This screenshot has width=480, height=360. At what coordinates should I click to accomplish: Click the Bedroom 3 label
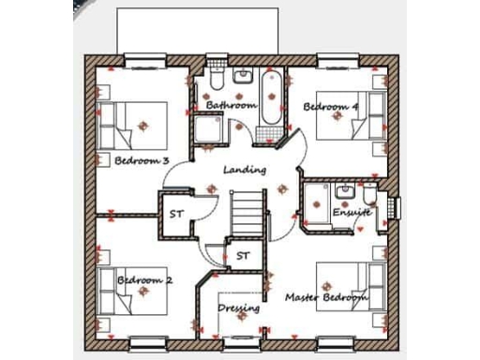pos(142,160)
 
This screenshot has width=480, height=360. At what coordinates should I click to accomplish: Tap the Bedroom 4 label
pos(331,107)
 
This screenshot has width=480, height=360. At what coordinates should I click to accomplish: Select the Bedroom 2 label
pos(144,279)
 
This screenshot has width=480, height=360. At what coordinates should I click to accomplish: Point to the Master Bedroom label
pos(326,298)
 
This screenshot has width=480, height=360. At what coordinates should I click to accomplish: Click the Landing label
pos(245,170)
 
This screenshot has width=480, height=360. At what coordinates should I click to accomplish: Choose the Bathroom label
pos(231,105)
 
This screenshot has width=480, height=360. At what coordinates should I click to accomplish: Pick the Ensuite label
pos(352,212)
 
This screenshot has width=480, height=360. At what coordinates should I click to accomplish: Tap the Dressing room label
pos(239,307)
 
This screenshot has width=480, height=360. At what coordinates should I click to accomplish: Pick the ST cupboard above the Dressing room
pos(243,255)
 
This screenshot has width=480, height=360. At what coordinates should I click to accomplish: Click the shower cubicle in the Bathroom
pos(209,130)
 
